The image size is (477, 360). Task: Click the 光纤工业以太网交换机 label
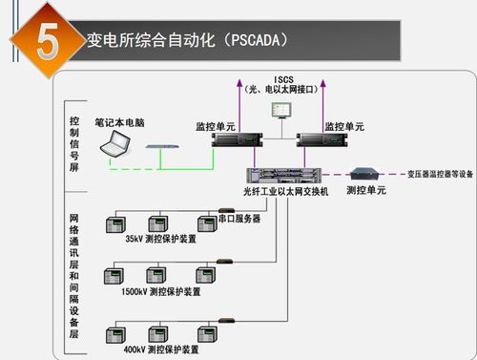click(285, 193)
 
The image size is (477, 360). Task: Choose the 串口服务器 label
click(239, 218)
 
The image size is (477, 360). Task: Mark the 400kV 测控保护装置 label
click(162, 349)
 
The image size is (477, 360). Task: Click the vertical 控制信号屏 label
click(74, 146)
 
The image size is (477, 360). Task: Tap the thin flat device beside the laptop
click(163, 146)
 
